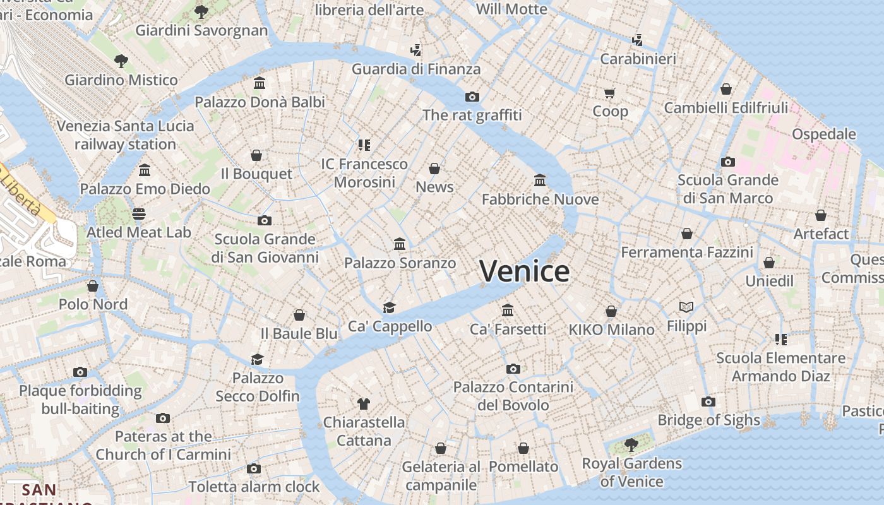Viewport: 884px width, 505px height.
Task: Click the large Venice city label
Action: click(x=524, y=271)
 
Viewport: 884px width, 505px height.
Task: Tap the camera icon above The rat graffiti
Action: click(x=472, y=97)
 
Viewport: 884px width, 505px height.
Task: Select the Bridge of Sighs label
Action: click(x=708, y=420)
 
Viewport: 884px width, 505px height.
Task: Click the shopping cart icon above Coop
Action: click(x=609, y=93)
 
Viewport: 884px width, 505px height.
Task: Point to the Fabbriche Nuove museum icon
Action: click(x=540, y=181)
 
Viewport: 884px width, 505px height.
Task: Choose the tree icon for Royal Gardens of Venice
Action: click(x=630, y=445)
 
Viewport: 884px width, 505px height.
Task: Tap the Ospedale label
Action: click(x=823, y=134)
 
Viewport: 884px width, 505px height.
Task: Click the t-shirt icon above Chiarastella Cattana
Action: click(x=363, y=403)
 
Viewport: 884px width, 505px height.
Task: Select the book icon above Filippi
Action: click(x=686, y=307)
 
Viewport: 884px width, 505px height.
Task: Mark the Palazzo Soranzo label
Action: click(x=400, y=263)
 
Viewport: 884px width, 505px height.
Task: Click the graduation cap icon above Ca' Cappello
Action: click(x=389, y=307)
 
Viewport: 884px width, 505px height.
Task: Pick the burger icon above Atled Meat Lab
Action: click(x=139, y=214)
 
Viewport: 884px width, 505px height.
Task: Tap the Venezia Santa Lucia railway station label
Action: click(x=125, y=135)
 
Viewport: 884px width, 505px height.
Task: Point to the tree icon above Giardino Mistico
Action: click(x=121, y=61)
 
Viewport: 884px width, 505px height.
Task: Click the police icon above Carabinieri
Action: click(x=637, y=40)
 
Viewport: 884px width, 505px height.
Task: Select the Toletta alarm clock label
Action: click(x=254, y=487)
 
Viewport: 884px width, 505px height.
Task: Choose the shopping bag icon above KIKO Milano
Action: click(x=611, y=311)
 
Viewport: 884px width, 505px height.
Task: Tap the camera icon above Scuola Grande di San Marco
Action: click(x=727, y=162)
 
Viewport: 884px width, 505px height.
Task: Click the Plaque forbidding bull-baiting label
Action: click(x=80, y=400)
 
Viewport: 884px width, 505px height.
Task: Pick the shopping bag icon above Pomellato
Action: click(x=523, y=448)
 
